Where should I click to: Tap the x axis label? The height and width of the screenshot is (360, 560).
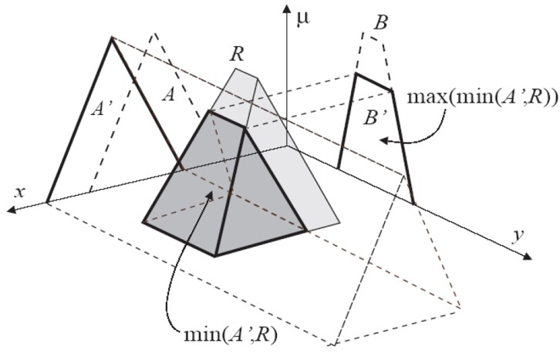tap(20, 193)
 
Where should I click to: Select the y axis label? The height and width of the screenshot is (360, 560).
tap(518, 236)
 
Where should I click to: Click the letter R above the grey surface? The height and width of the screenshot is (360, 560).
tap(237, 54)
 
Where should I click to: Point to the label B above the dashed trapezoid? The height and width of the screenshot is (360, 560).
tap(381, 24)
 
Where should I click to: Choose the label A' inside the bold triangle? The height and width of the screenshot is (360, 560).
tap(102, 108)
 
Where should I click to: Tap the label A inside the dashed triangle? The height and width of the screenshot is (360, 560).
tap(169, 95)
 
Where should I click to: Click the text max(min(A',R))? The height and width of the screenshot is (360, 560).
tap(483, 98)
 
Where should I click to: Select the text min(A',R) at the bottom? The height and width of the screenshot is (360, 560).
tap(231, 335)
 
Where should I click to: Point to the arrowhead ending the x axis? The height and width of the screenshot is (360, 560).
tap(12, 210)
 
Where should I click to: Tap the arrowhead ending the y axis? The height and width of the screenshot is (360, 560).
tap(528, 256)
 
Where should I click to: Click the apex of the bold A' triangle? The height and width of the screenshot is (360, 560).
tap(112, 39)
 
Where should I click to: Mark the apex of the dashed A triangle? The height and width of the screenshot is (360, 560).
tap(154, 34)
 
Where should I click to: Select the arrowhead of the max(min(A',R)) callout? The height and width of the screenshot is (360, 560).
tap(383, 140)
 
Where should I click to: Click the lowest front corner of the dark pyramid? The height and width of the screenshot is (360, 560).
tap(214, 255)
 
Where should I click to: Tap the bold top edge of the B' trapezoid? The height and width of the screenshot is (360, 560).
tap(374, 82)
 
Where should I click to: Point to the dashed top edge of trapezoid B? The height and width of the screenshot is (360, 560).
tap(373, 39)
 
